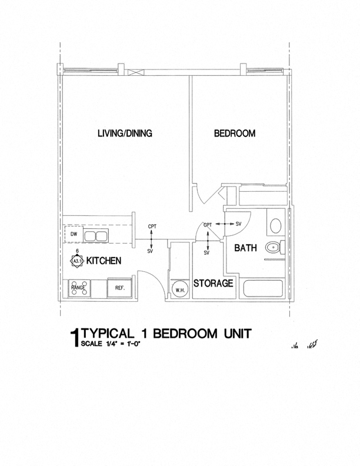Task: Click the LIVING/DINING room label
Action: (x=125, y=134)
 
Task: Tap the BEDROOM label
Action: (x=234, y=134)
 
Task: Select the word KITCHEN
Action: (x=104, y=261)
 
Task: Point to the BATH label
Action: (x=245, y=248)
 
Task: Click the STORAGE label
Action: (x=214, y=283)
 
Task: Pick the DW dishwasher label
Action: (x=74, y=234)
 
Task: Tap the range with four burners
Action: (x=79, y=288)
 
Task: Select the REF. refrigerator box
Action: (x=120, y=288)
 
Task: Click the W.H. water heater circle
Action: (x=179, y=289)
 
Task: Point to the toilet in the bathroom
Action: (x=274, y=248)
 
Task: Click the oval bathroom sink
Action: (x=275, y=225)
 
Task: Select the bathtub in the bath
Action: (x=263, y=289)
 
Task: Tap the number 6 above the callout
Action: (x=78, y=251)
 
